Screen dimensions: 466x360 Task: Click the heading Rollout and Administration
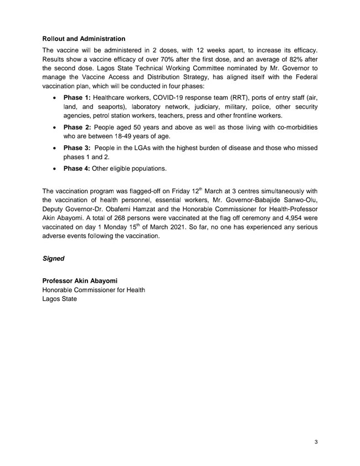(x=84, y=39)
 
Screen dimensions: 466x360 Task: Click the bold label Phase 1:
(x=77, y=98)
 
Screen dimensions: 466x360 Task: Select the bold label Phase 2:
(x=77, y=127)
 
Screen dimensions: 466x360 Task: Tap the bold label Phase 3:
(x=77, y=148)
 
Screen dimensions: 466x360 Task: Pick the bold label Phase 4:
(x=77, y=168)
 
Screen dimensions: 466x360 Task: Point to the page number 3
(x=315, y=442)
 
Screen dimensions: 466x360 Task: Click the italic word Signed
(x=53, y=259)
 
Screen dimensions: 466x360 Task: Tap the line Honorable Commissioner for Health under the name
(x=94, y=290)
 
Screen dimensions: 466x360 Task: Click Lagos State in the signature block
(x=60, y=299)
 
